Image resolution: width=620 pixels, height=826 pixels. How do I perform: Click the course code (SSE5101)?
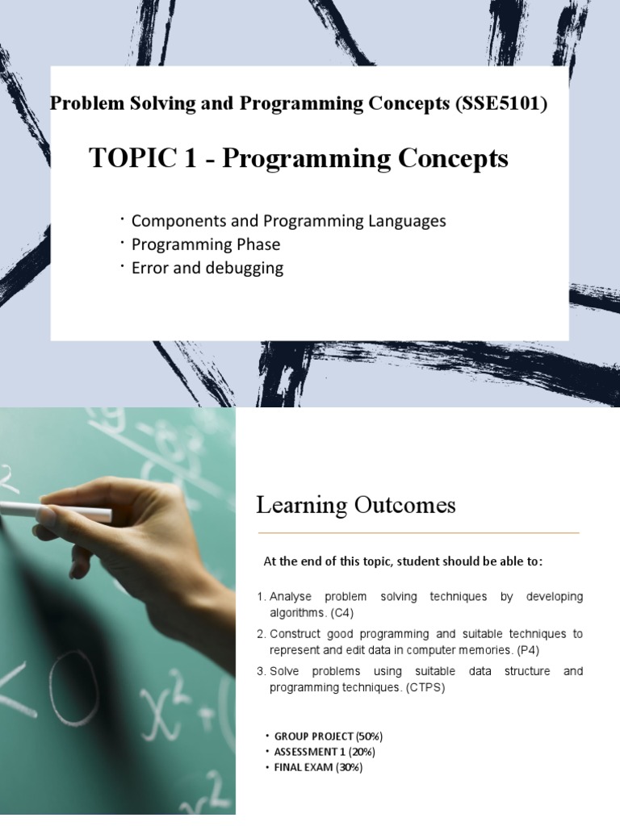pyautogui.click(x=501, y=104)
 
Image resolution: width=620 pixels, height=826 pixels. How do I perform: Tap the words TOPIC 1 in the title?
pyautogui.click(x=142, y=157)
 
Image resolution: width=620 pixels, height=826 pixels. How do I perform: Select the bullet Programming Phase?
pyautogui.click(x=206, y=244)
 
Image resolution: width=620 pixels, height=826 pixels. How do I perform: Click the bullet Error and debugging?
pyautogui.click(x=207, y=268)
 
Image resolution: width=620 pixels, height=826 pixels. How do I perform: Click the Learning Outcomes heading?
pyautogui.click(x=356, y=505)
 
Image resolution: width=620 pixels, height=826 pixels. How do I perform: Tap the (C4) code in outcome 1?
pyautogui.click(x=342, y=613)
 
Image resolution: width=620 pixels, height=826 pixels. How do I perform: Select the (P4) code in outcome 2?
pyautogui.click(x=528, y=651)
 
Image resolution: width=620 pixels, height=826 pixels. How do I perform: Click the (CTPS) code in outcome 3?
pyautogui.click(x=425, y=688)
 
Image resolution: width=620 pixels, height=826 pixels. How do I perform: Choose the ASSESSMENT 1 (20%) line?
pyautogui.click(x=325, y=752)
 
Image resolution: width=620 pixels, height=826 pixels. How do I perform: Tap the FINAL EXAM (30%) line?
pyautogui.click(x=318, y=768)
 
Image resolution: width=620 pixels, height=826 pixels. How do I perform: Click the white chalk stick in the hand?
pyautogui.click(x=56, y=511)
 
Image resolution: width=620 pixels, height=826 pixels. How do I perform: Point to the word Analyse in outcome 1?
pyautogui.click(x=291, y=597)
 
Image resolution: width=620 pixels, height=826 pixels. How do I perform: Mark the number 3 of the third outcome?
pyautogui.click(x=261, y=672)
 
